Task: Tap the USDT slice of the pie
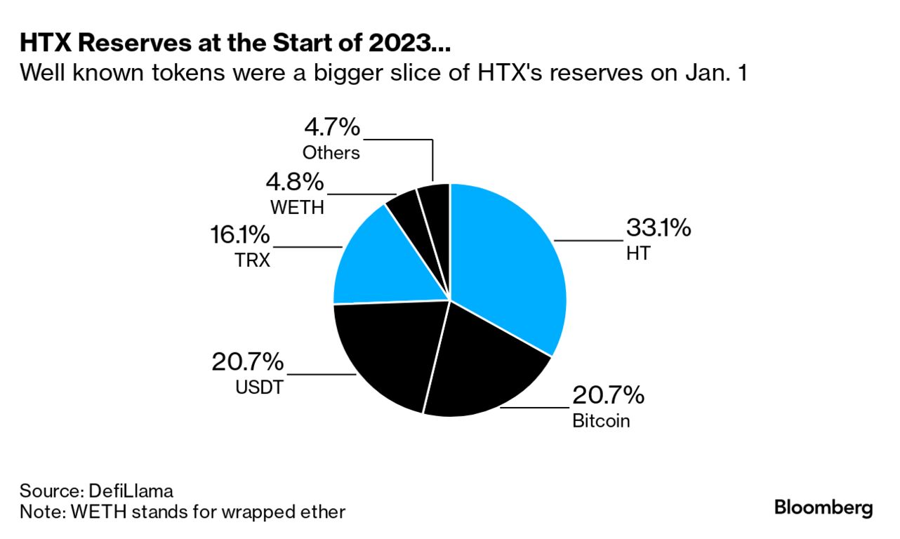click(386, 351)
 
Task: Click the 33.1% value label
click(658, 228)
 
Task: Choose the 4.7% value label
click(331, 128)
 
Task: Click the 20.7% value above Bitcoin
click(608, 396)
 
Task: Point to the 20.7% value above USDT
click(248, 362)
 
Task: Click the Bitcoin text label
click(601, 421)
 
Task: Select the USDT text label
click(259, 387)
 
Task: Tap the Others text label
click(331, 152)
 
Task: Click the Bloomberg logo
click(823, 507)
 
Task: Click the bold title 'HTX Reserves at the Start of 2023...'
click(234, 44)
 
